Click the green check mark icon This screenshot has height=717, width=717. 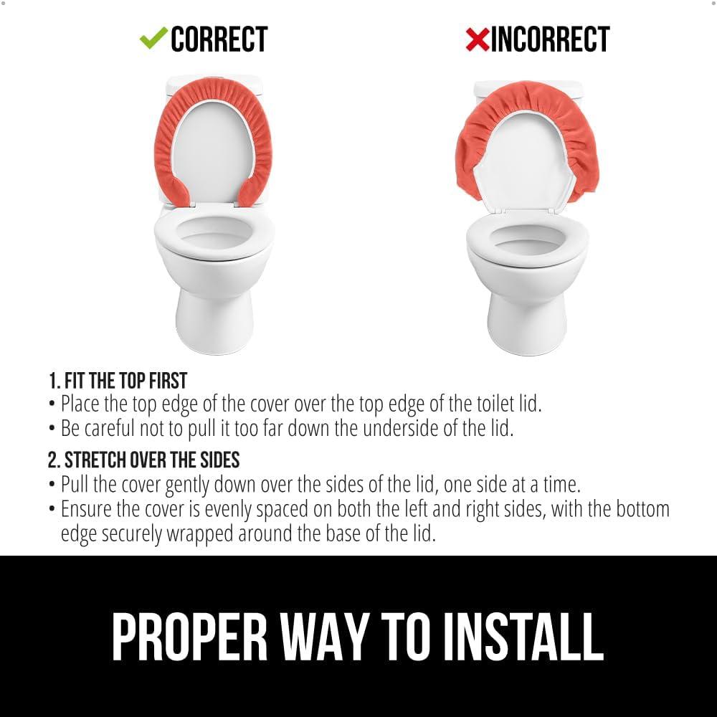tap(153, 38)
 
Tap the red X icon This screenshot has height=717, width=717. tap(477, 39)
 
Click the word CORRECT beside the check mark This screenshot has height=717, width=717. tap(219, 39)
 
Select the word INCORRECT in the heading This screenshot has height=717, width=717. tap(550, 39)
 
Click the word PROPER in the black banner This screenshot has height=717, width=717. tap(189, 636)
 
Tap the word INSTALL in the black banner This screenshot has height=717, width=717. tap(523, 636)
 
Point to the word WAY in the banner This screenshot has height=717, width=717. tap(324, 636)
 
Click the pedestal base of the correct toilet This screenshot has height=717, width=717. tap(214, 320)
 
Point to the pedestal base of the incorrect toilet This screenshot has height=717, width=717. tap(527, 323)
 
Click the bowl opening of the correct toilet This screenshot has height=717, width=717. tap(214, 234)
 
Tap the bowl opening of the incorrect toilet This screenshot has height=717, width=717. tap(527, 241)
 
